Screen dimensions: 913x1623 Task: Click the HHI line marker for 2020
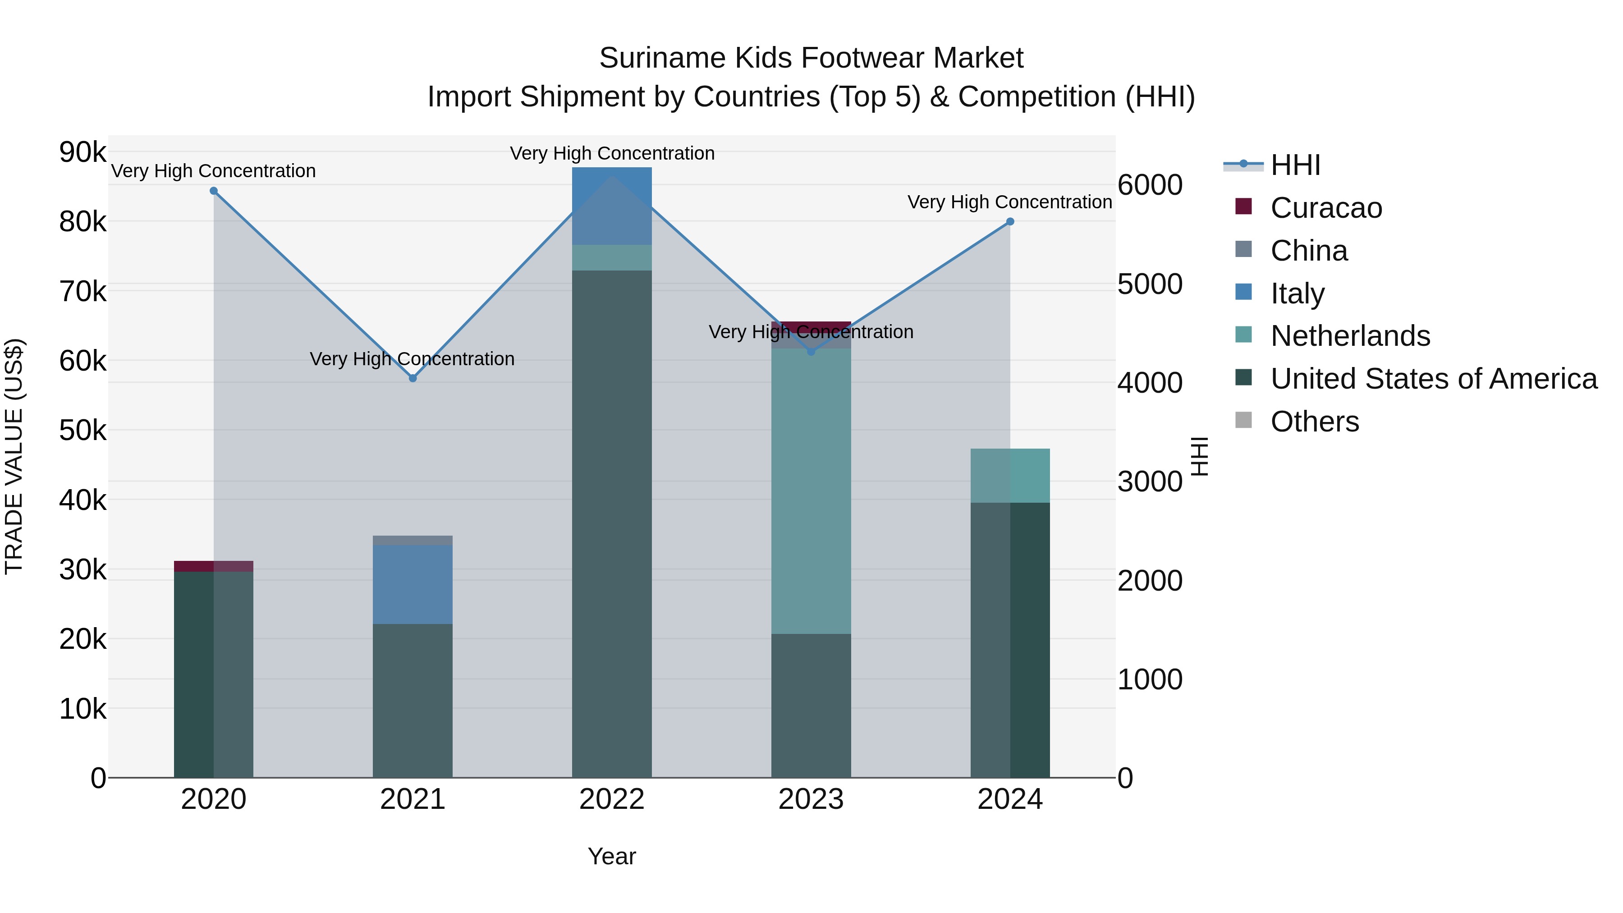tap(214, 191)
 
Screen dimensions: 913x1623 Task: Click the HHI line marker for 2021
tap(413, 378)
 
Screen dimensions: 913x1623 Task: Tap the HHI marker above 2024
tap(1010, 221)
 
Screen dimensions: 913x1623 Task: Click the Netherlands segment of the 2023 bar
tap(811, 491)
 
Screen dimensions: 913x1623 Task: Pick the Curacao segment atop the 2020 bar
tap(214, 566)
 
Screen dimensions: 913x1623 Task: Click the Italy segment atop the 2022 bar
tap(612, 206)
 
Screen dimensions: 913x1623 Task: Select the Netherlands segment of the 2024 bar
tap(1010, 475)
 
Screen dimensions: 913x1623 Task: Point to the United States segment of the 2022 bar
tap(612, 523)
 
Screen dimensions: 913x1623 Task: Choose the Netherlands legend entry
tap(1349, 336)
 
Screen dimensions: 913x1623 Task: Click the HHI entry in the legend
tap(1295, 165)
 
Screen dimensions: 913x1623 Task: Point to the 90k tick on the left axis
tap(83, 152)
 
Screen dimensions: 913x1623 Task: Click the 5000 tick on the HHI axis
tap(1150, 284)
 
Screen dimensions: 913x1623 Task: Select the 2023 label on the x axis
tap(811, 799)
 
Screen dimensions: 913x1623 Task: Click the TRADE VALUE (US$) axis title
tap(14, 456)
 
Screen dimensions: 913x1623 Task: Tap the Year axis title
tap(612, 856)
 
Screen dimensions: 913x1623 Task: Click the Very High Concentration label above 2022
tap(612, 154)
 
